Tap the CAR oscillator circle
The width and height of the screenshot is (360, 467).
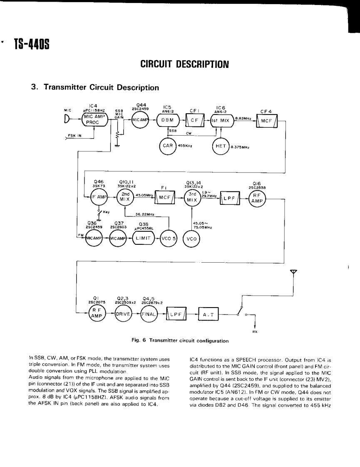click(x=167, y=146)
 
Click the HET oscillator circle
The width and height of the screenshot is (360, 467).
click(x=220, y=146)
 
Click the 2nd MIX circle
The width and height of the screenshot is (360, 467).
click(x=125, y=196)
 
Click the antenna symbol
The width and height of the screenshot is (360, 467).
click(x=294, y=272)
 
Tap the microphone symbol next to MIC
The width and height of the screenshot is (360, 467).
click(x=67, y=119)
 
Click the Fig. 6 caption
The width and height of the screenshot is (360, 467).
click(x=179, y=341)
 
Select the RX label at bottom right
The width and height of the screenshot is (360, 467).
click(x=255, y=332)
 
